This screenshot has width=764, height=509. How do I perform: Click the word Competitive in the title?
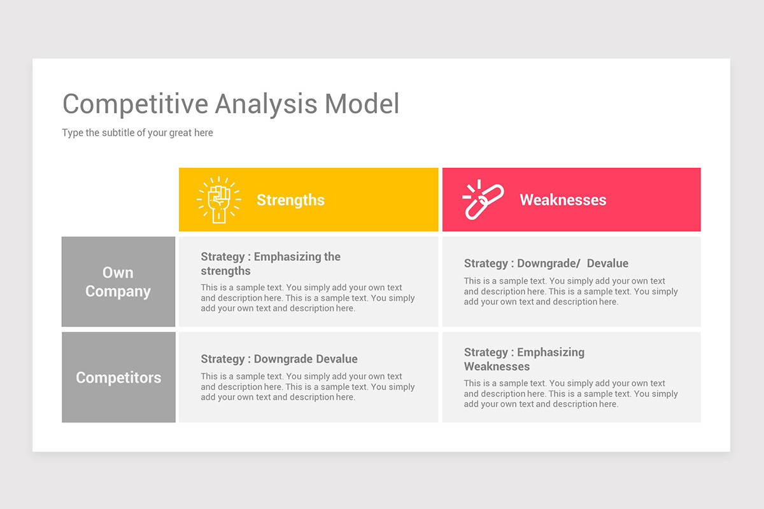pos(135,104)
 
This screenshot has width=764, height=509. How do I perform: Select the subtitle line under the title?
pos(138,133)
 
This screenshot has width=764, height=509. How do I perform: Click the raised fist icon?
pos(219,200)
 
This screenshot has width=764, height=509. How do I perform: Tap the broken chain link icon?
pos(483,200)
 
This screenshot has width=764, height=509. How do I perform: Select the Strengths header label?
pos(290,200)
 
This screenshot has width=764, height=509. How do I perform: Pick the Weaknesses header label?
pos(563,200)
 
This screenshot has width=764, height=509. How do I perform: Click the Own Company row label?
pos(118,282)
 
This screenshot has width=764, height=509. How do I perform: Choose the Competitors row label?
pos(118,377)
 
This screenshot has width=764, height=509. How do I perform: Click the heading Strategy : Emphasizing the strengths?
pos(271,263)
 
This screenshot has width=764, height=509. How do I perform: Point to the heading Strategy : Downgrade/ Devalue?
pos(546,263)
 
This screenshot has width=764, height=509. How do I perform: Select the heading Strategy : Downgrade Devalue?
pos(279,359)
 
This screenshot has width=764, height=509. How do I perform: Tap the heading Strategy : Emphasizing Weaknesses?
pos(524,359)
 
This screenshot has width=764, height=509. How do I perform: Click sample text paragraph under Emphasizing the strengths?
pos(308,298)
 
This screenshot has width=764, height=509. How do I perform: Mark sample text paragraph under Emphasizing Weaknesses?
pos(570,394)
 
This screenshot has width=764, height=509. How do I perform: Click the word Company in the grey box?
pos(118,291)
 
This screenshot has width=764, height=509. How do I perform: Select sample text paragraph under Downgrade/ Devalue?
pos(570,291)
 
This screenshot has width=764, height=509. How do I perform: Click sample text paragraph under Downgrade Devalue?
pos(308,387)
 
